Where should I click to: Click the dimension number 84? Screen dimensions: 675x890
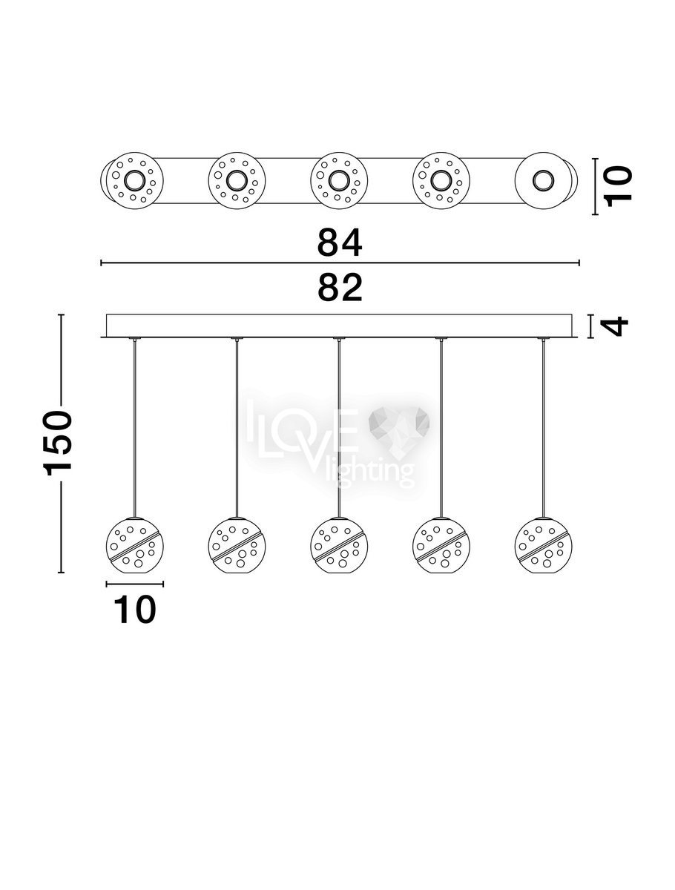(x=339, y=243)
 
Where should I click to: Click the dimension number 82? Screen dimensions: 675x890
(x=339, y=288)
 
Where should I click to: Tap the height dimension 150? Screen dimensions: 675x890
(x=57, y=442)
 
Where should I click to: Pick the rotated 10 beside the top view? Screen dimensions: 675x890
(x=618, y=186)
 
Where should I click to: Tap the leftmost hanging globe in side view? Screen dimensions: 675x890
(x=134, y=545)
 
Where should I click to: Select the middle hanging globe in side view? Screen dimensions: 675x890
(x=339, y=545)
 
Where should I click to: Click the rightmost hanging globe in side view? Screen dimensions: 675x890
(x=543, y=545)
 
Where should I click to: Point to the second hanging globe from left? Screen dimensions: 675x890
(x=237, y=545)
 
